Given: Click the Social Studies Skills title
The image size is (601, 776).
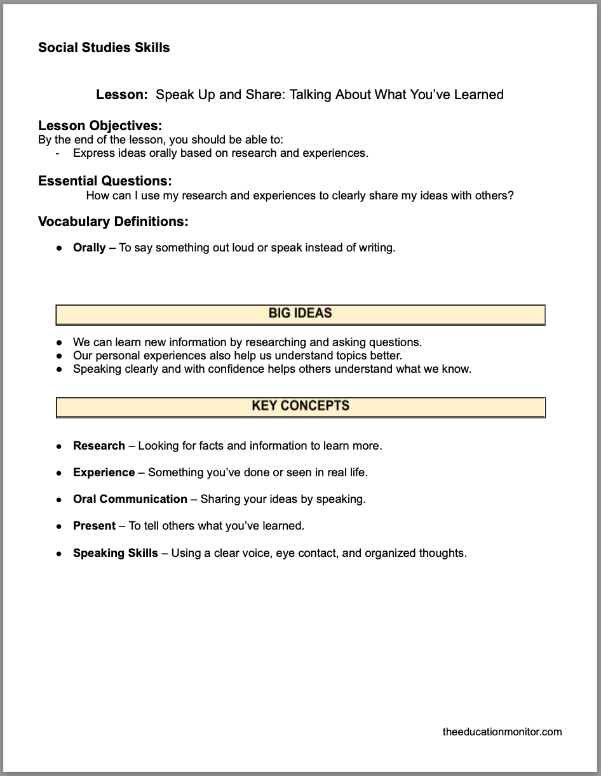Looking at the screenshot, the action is point(104,48).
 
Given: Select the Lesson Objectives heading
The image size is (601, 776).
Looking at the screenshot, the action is point(100,126).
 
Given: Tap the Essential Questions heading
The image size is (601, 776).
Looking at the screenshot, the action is point(105,181).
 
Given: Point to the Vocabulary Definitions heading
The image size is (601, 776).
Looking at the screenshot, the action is point(113,222).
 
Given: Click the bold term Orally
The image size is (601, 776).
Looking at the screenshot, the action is point(90,248).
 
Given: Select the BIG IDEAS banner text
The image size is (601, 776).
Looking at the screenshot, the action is point(300,313).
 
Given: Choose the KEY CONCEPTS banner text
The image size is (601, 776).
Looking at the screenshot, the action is point(300,406).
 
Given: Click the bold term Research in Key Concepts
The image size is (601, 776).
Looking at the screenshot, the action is point(99,446).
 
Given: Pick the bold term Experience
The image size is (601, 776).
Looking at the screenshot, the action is point(104,472).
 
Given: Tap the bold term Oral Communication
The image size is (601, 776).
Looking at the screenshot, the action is point(130,499).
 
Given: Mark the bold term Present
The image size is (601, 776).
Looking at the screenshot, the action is point(94,526).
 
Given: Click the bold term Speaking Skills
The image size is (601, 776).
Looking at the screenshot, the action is point(116,553).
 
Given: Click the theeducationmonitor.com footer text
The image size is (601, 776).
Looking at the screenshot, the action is point(502,732).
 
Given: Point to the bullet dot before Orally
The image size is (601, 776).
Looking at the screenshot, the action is point(59,248).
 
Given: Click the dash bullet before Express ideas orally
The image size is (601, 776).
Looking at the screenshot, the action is point(58,153).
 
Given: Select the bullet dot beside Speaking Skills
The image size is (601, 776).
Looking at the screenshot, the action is point(59,554).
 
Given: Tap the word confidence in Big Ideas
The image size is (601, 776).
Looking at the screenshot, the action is point(236,369).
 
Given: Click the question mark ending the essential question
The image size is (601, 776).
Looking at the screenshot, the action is point(510,196).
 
